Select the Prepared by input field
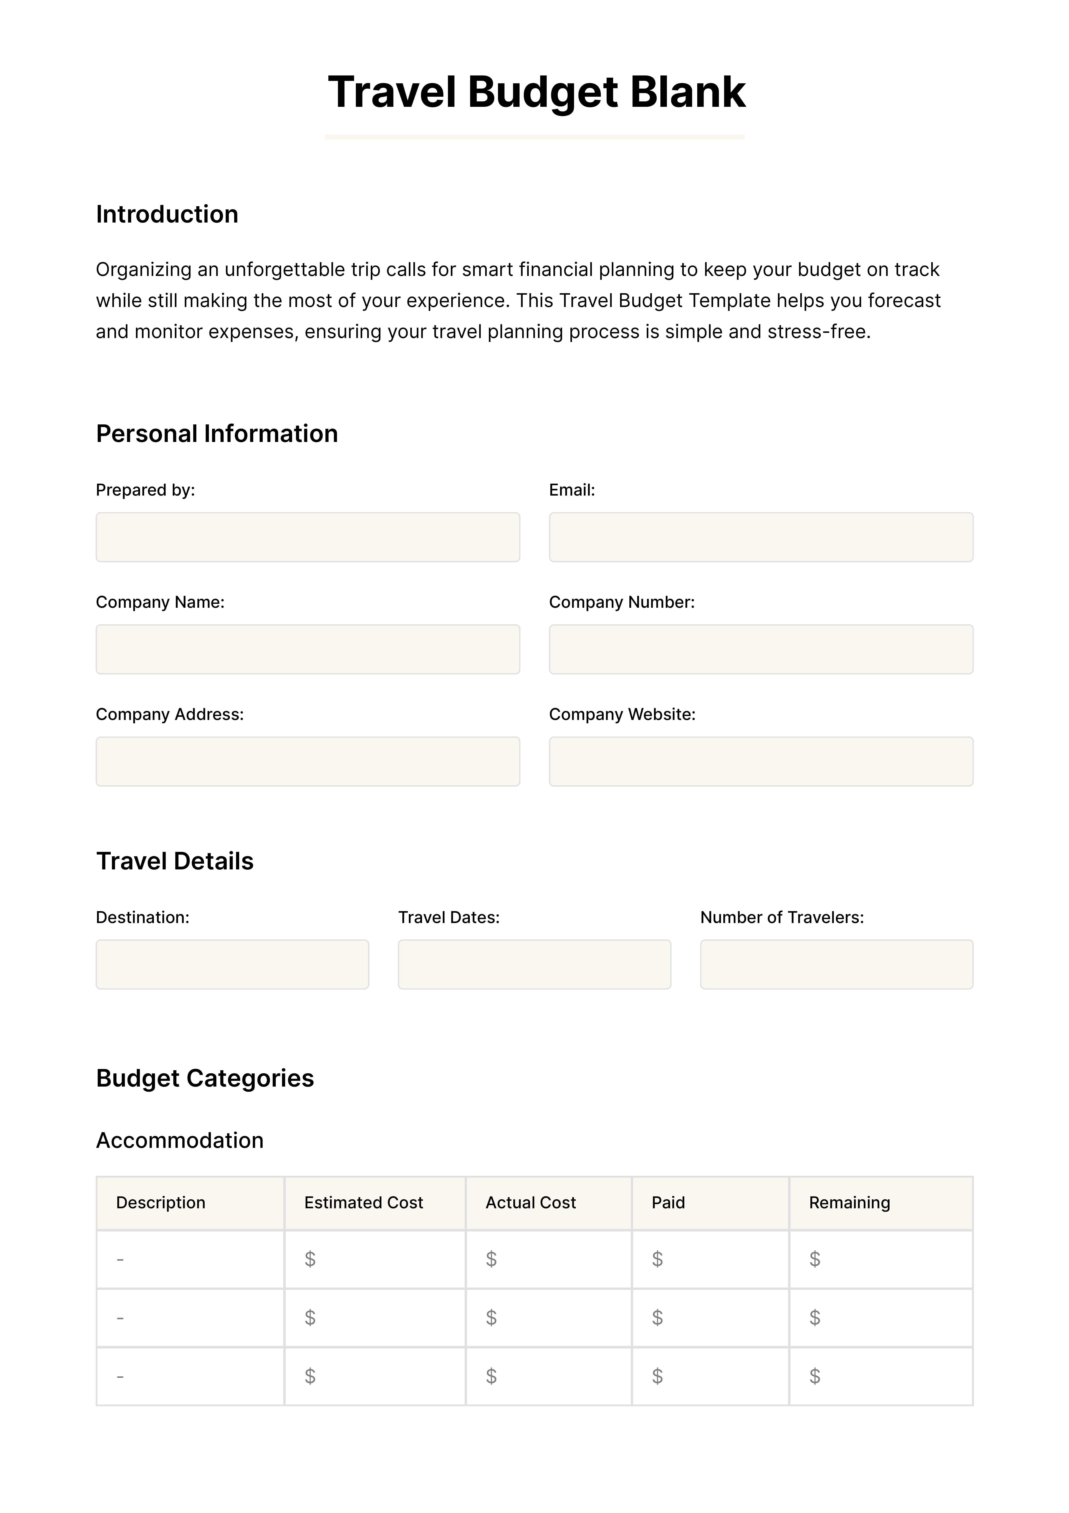point(308,537)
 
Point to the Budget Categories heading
point(205,1078)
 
